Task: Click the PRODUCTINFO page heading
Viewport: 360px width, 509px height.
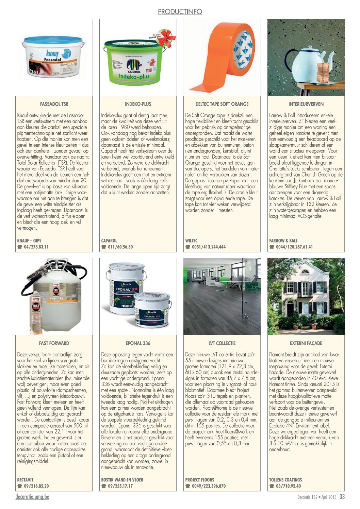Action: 180,12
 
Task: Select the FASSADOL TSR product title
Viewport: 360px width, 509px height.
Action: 54,104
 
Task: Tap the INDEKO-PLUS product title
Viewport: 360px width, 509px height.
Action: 138,104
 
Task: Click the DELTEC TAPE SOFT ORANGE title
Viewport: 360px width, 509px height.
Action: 222,104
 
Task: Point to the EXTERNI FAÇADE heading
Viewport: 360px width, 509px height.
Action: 306,343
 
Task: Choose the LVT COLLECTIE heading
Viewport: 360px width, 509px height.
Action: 222,343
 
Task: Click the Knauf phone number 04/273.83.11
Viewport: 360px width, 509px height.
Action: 36,247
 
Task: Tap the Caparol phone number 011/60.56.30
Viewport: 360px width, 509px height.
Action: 120,247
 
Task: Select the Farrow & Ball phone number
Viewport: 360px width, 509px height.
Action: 294,247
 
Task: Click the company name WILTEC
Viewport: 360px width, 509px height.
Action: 191,241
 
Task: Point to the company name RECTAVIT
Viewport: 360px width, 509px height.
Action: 25,480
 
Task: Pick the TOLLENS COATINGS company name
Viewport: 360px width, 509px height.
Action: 285,480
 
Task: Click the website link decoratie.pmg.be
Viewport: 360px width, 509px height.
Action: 32,497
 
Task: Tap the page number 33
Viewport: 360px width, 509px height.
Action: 342,497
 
